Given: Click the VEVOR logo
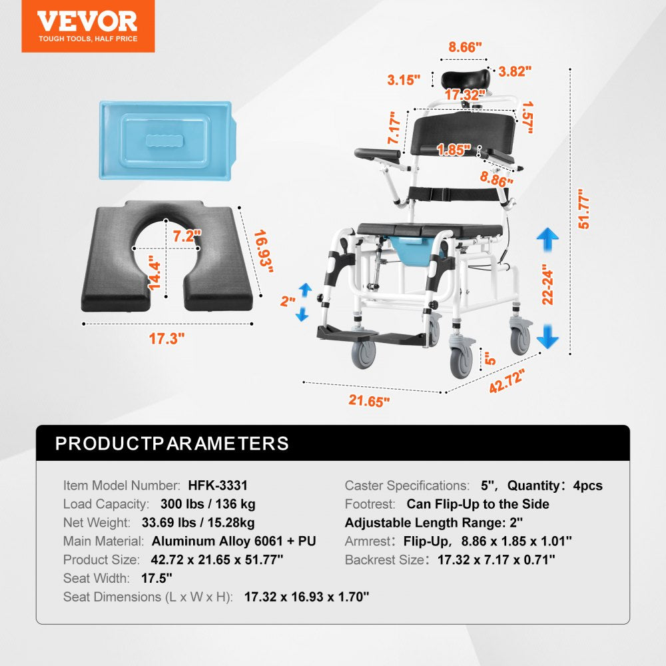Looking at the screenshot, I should tap(87, 25).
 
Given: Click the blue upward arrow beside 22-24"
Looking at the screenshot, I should tap(548, 238).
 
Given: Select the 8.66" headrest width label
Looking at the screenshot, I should tap(465, 47).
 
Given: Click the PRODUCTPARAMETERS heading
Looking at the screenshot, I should tap(172, 444).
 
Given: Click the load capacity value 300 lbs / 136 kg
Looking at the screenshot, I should tap(208, 504).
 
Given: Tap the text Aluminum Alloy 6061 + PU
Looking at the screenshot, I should tap(234, 541).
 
